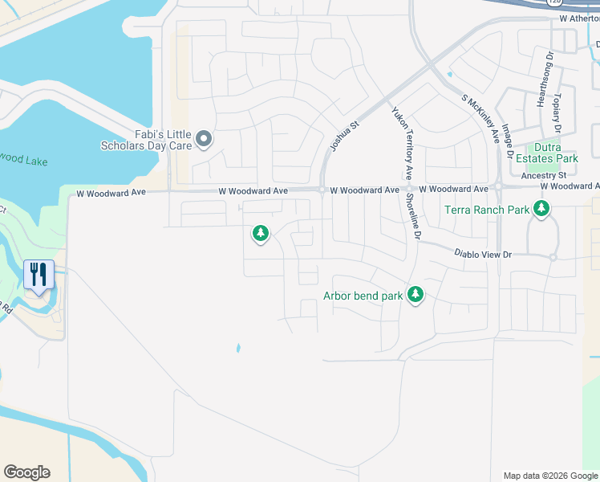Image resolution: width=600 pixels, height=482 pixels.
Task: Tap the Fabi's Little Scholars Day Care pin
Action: click(204, 140)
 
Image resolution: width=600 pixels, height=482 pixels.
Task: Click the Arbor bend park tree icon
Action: click(416, 295)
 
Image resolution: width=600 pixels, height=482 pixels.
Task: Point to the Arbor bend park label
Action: click(363, 296)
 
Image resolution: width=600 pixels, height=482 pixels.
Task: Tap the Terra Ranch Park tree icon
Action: click(542, 210)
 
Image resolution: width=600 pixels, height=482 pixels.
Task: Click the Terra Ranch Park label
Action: click(488, 210)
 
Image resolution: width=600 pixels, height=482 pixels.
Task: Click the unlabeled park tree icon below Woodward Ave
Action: click(260, 234)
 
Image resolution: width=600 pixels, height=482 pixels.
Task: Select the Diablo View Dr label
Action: click(483, 253)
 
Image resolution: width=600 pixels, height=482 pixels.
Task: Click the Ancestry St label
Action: click(544, 175)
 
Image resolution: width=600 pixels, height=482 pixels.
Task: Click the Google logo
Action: click(26, 472)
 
